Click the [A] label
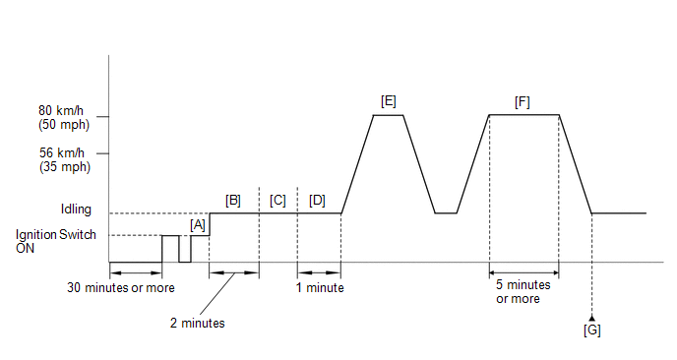(198, 225)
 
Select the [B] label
(232, 201)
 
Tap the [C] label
(277, 201)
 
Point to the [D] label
(317, 201)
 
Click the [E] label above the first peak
(388, 101)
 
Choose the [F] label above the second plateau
(522, 102)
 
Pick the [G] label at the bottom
(592, 330)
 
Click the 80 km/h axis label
(64, 117)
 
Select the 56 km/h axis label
(65, 159)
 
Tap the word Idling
(76, 210)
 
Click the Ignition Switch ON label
(56, 241)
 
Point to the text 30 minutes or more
(121, 288)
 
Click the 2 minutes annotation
(198, 324)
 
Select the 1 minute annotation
(320, 288)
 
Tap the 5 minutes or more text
(523, 292)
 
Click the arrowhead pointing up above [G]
(592, 318)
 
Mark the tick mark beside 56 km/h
(102, 153)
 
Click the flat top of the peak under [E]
(388, 115)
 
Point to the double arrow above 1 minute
(319, 272)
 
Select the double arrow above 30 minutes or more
(136, 272)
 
